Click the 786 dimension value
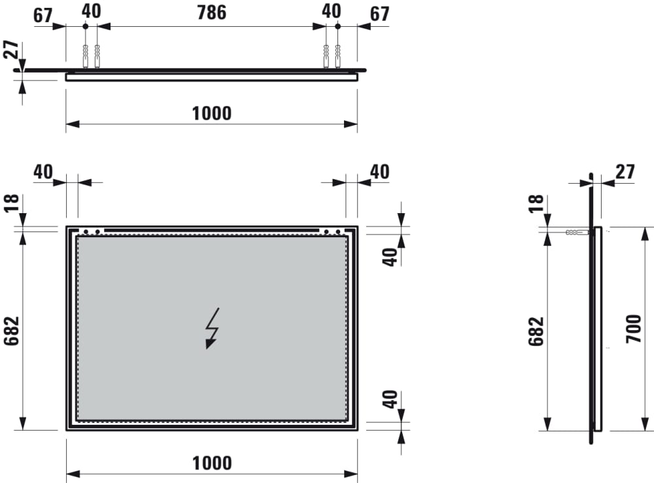211,12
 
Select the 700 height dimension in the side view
634,329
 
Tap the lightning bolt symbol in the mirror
213,328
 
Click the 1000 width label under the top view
211,113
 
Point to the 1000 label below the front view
212,463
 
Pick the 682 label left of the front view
12,331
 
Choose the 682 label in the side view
536,331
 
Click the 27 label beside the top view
11,49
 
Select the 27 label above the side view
625,172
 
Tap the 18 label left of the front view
12,203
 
